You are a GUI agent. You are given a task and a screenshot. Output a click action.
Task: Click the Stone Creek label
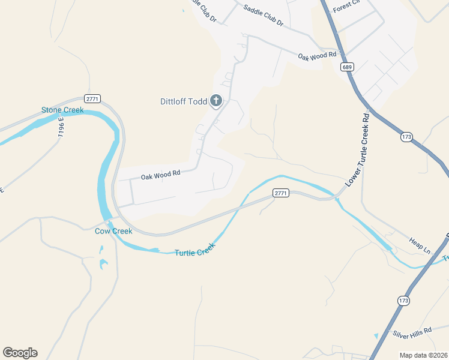click(x=62, y=110)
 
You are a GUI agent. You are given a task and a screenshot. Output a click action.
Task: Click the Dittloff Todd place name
click(x=183, y=101)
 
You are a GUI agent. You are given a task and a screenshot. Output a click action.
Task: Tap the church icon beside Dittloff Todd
click(x=215, y=101)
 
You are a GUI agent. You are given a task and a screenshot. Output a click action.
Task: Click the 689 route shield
click(x=348, y=67)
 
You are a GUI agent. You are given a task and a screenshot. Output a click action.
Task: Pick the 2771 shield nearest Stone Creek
click(x=92, y=98)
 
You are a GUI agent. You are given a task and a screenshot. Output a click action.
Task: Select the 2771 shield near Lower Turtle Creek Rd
click(x=280, y=193)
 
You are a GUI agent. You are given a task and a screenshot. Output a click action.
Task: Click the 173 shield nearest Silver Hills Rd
click(x=402, y=299)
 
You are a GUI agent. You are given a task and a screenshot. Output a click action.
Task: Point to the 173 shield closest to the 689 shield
click(x=406, y=137)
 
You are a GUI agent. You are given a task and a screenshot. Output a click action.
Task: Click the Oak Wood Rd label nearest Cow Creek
click(x=160, y=176)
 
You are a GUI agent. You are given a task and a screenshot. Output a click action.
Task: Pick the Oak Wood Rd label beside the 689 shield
click(x=318, y=56)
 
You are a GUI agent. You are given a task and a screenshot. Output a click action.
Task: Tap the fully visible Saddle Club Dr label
click(x=264, y=16)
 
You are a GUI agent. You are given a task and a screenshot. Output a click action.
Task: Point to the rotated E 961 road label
click(x=61, y=127)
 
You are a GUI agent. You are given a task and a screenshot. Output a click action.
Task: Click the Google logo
click(x=20, y=353)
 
